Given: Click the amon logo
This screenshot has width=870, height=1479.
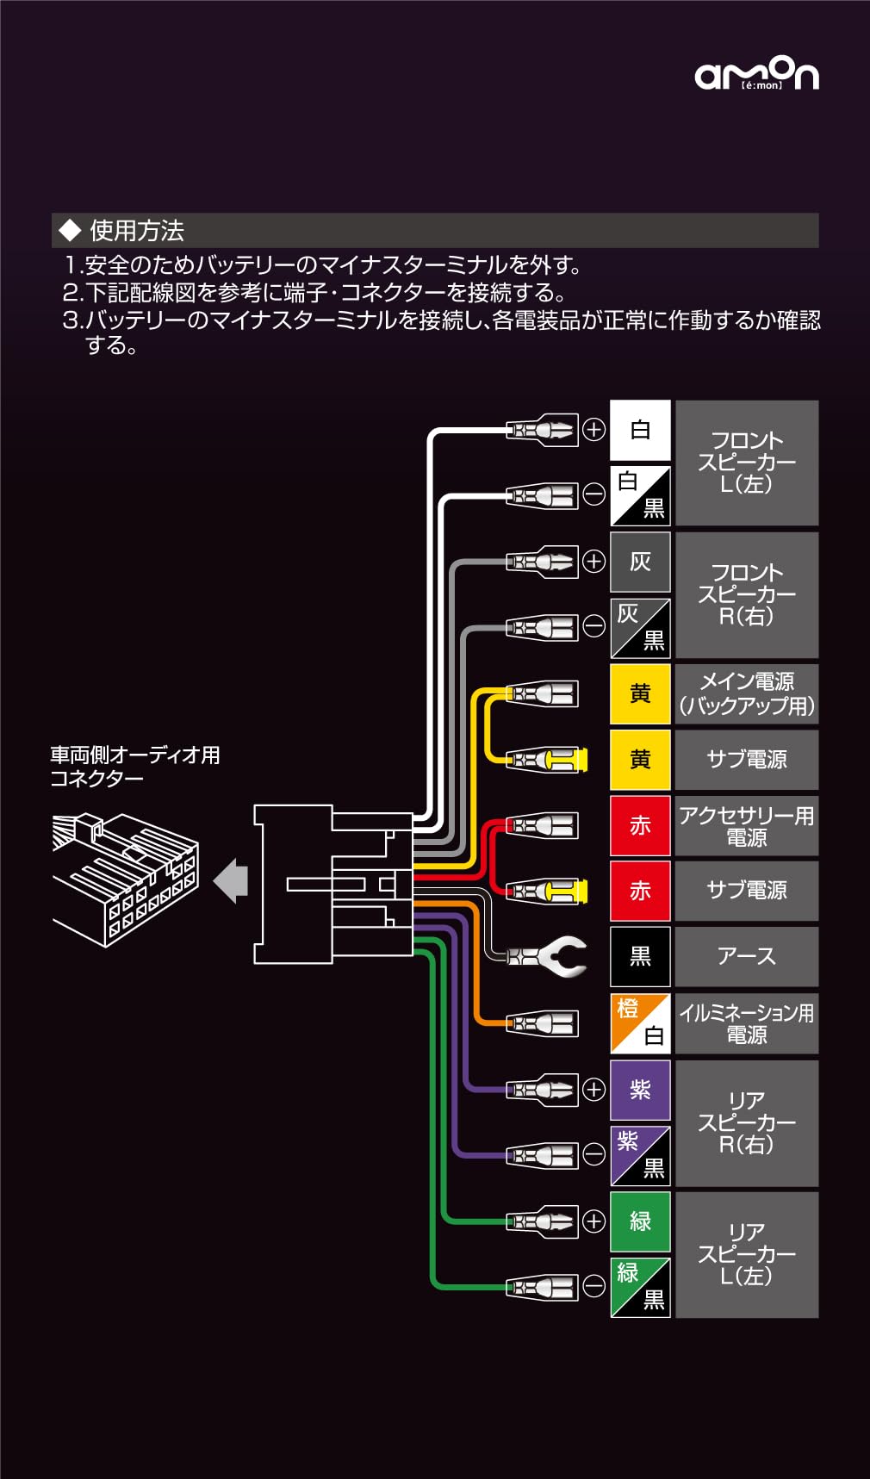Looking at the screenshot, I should (756, 74).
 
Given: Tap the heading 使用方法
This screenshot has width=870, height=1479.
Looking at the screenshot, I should (136, 231).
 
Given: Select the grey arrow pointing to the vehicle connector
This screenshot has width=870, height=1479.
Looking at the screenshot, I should (231, 880).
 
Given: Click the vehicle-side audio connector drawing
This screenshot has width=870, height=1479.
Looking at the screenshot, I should (126, 879).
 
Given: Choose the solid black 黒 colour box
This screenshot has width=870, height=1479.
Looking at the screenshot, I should (640, 956).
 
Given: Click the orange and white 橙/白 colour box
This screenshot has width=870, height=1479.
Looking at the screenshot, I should (640, 1023).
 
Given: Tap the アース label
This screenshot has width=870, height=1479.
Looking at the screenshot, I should (746, 956).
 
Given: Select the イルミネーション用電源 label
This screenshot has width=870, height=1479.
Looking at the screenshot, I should (746, 1023).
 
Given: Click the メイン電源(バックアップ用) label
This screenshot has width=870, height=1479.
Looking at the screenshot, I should (746, 693).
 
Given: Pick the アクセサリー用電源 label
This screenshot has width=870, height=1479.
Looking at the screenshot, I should (746, 825).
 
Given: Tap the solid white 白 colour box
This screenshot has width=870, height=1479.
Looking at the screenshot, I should (640, 430).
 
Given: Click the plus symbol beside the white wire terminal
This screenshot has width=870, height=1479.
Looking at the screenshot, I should (594, 429).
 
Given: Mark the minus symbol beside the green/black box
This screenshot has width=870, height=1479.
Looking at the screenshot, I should (594, 1286).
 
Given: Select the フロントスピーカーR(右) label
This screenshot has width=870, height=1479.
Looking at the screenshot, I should (746, 594).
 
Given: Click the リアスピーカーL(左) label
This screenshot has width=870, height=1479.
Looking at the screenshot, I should (746, 1254).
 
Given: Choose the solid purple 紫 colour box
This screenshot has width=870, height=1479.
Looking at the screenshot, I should (640, 1090).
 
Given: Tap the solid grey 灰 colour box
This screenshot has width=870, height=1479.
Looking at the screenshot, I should (640, 562).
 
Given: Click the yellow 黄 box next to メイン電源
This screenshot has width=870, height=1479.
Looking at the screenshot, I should (640, 693).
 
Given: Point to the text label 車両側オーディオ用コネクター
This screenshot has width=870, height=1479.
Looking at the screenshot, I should (135, 766).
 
